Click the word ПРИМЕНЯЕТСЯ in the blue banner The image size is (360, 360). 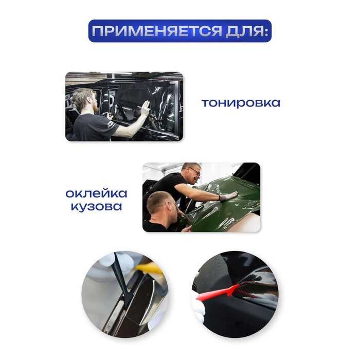[156, 31]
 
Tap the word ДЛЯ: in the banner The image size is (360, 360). [247, 31]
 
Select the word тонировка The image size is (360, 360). [241, 103]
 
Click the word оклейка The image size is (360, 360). [96, 193]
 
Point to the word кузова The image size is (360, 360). [96, 206]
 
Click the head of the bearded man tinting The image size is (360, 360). [84, 100]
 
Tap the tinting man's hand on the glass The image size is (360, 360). [145, 107]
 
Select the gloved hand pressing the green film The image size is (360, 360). [228, 196]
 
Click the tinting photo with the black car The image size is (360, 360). [124, 106]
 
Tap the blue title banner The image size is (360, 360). [180, 31]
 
